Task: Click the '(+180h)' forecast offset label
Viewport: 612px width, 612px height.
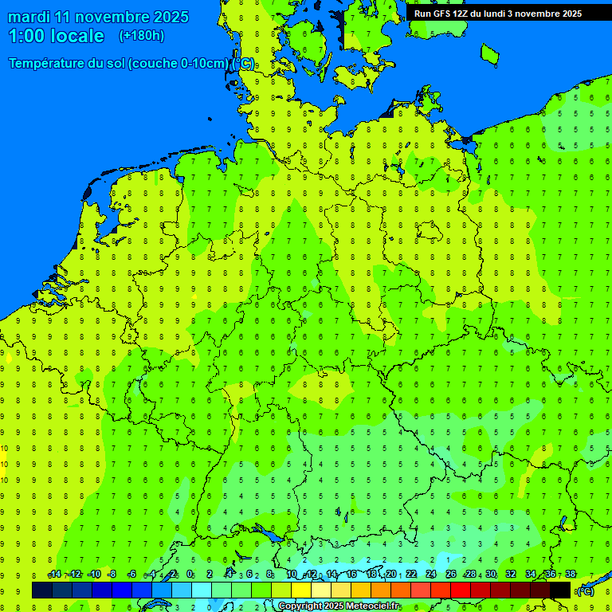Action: click(x=141, y=36)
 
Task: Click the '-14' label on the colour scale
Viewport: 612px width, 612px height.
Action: click(x=54, y=575)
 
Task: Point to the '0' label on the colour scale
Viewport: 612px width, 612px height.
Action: click(x=190, y=575)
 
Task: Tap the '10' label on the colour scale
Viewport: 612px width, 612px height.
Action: click(x=292, y=575)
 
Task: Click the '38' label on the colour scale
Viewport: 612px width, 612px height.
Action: click(x=571, y=575)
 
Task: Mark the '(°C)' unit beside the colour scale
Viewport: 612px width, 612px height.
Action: click(x=585, y=591)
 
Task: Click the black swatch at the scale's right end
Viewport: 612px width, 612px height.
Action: click(x=560, y=590)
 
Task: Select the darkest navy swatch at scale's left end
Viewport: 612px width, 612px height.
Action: click(x=42, y=590)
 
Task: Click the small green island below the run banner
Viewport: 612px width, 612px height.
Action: click(x=489, y=53)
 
